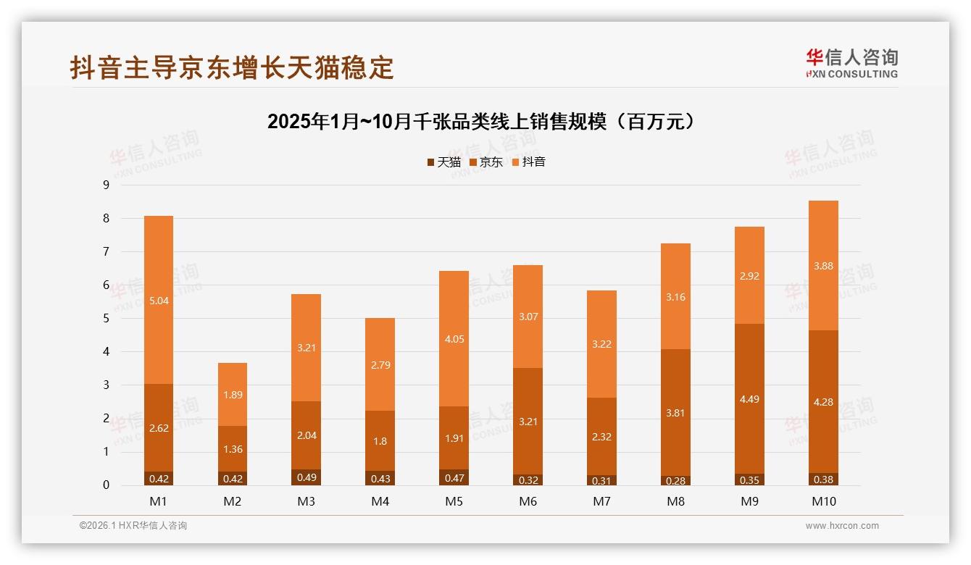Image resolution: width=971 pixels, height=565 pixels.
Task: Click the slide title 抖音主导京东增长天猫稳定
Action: click(x=232, y=67)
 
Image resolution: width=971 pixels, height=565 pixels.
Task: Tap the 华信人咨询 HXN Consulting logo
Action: click(x=851, y=64)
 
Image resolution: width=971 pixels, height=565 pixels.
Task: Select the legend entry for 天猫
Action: click(x=443, y=162)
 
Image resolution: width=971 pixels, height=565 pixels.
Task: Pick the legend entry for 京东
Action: click(x=485, y=162)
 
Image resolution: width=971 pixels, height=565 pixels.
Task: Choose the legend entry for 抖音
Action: click(x=528, y=162)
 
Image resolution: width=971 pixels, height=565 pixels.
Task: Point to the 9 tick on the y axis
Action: click(x=106, y=185)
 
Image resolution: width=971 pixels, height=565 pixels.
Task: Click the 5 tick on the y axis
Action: click(x=106, y=319)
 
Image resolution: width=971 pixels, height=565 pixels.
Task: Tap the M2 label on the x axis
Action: click(x=233, y=501)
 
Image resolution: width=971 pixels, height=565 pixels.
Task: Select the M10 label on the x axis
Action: click(x=823, y=501)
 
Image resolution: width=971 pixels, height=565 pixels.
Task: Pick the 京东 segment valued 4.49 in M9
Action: click(x=749, y=398)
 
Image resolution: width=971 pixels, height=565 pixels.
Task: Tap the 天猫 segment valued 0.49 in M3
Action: click(x=307, y=477)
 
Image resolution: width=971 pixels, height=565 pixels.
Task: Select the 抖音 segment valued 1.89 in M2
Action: click(x=233, y=394)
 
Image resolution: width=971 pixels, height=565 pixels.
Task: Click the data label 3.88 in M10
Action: click(x=823, y=266)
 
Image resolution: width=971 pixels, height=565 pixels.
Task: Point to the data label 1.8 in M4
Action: click(x=380, y=441)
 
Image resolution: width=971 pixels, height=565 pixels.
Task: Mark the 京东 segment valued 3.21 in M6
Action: click(x=528, y=421)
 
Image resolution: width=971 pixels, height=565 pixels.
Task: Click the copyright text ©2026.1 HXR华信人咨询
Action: click(x=133, y=526)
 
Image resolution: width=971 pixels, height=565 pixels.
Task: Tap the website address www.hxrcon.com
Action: click(x=842, y=526)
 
